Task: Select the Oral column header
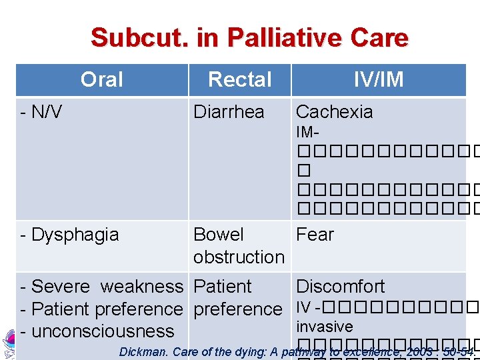101,79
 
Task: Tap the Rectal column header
239,79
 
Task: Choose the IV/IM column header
378,79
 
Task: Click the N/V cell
41,112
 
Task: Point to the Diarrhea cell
229,112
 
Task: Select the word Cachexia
334,112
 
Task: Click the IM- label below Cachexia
307,133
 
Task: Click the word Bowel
219,235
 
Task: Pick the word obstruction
239,257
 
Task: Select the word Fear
315,235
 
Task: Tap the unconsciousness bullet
97,331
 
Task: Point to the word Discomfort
340,287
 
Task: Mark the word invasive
325,327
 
